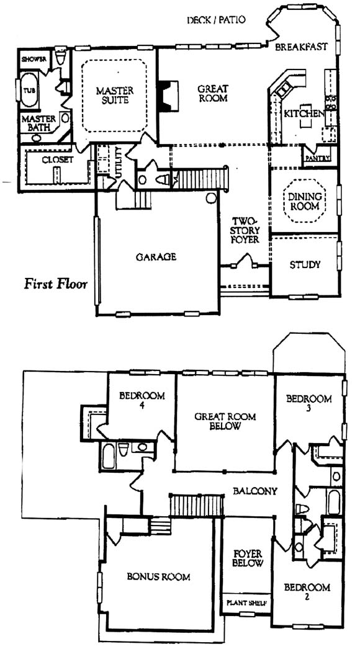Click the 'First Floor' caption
55,284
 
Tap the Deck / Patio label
216,20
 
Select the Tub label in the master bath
29,91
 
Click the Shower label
34,59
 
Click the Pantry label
317,159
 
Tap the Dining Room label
304,202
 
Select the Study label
305,265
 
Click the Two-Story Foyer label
246,230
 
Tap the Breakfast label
301,47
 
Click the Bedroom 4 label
142,400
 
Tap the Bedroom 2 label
307,591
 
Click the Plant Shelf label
247,602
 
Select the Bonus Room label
158,576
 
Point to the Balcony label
255,491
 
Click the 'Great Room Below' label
225,421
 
